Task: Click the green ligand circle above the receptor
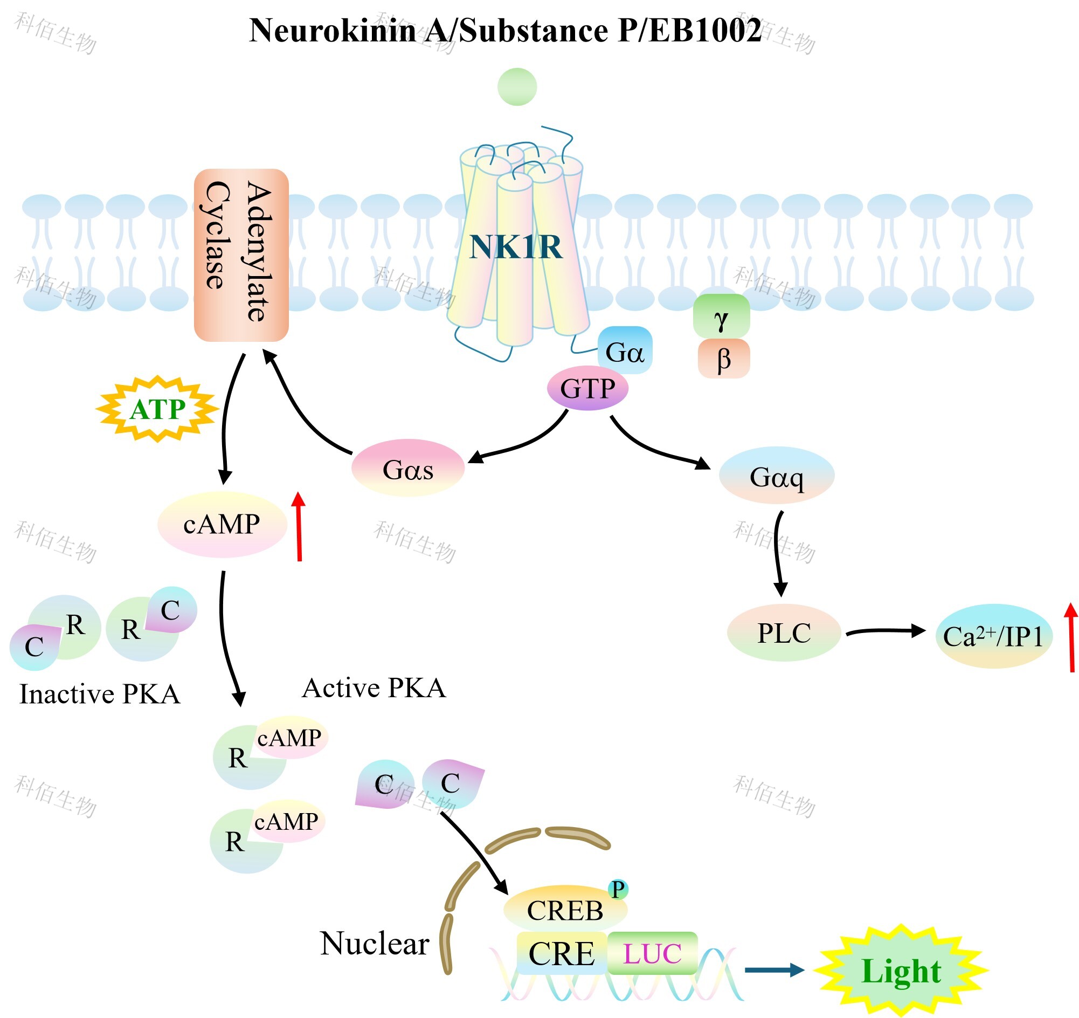517,87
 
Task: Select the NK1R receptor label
515,247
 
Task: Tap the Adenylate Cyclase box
241,254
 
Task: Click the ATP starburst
157,409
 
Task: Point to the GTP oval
587,389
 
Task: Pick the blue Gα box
625,350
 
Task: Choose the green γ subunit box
721,317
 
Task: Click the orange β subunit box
723,359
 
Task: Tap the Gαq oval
776,476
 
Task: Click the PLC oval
784,633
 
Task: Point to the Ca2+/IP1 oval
993,636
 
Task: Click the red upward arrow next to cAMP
299,526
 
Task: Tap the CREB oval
564,910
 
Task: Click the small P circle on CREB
618,889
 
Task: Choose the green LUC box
652,953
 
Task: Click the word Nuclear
375,943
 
